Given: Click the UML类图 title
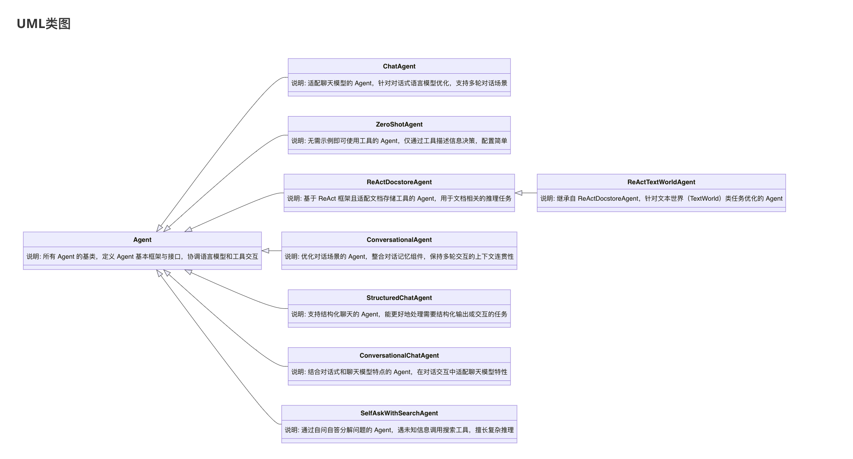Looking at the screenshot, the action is [x=44, y=24].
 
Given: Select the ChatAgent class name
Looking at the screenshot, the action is [x=399, y=66].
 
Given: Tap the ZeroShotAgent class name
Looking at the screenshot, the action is [x=399, y=124].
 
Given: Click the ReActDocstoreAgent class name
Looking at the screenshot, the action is [x=399, y=182].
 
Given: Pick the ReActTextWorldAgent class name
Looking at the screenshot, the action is [x=661, y=182].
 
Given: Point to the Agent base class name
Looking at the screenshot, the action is [x=142, y=240].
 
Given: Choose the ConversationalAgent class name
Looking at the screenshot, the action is [x=399, y=240].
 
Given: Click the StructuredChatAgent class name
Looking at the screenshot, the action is [x=399, y=298].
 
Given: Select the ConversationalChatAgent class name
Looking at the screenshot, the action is [x=399, y=355].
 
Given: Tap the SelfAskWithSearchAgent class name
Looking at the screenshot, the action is [x=399, y=413].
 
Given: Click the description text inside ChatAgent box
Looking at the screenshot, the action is [x=399, y=83].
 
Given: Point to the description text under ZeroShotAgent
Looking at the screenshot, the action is [x=399, y=141].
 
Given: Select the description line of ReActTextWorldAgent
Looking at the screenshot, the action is [x=661, y=198].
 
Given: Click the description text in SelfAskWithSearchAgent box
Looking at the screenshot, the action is [x=399, y=430].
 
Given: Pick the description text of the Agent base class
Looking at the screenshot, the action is [x=142, y=256].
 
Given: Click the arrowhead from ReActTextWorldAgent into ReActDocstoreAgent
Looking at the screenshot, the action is [x=518, y=193].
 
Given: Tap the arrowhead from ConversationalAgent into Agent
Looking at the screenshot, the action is [x=265, y=251].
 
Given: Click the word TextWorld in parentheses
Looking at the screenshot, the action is [x=705, y=198].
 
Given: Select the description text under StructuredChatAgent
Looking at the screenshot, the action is [x=399, y=314].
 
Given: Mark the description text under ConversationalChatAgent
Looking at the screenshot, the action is [x=399, y=372].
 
